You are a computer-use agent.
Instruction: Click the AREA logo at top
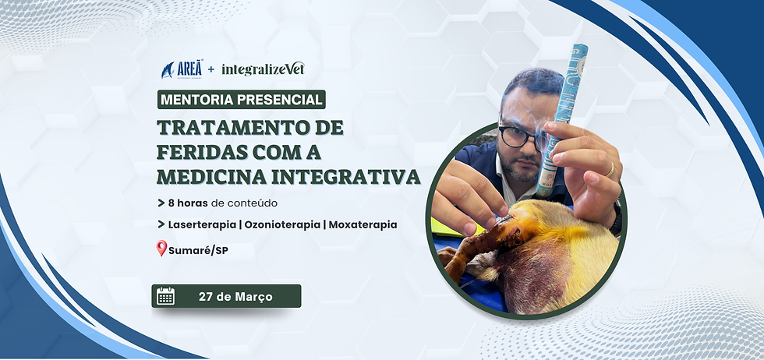181,69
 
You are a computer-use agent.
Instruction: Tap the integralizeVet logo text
262,69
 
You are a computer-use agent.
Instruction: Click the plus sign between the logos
210,70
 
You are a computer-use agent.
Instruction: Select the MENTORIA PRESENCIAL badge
242,100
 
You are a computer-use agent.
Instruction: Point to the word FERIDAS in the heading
206,151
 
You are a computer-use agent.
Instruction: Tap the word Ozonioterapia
284,224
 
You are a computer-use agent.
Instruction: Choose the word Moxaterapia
363,224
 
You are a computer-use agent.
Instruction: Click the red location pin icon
162,249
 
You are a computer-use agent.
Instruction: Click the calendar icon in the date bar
166,296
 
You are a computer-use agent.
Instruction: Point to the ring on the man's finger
610,168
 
